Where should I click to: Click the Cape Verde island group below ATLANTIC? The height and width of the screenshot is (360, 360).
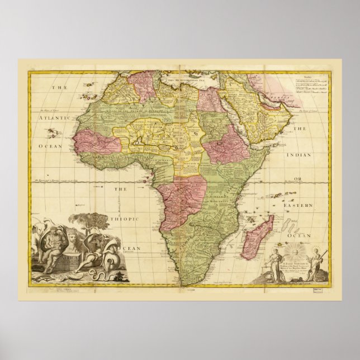(x=54, y=134)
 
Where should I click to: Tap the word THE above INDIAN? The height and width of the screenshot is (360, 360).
(x=301, y=129)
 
